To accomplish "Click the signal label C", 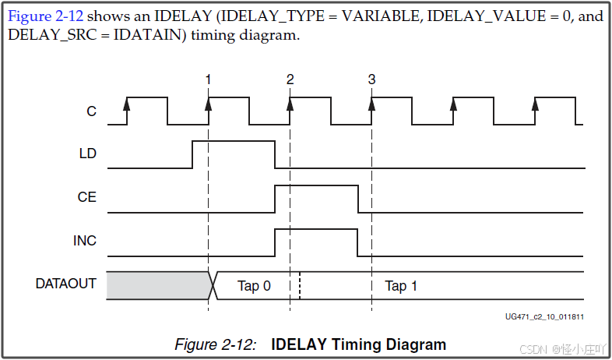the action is pos(91,112).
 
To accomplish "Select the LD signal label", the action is pos(88,154).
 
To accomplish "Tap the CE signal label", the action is pos(87,197).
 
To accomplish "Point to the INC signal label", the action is pos(85,241).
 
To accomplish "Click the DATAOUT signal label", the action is pos(66,284).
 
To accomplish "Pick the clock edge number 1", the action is pos(208,79).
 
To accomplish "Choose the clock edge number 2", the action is pos(290,79).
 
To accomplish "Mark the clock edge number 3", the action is pos(371,79).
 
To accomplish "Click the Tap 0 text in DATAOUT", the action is pos(254,286).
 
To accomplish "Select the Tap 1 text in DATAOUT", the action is pos(401,286).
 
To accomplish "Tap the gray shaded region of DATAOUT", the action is pos(156,285).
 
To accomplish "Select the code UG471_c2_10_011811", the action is pos(544,317).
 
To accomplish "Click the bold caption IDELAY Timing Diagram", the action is pos(358,344).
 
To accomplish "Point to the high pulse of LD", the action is pos(234,143).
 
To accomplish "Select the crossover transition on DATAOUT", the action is pos(211,285).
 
